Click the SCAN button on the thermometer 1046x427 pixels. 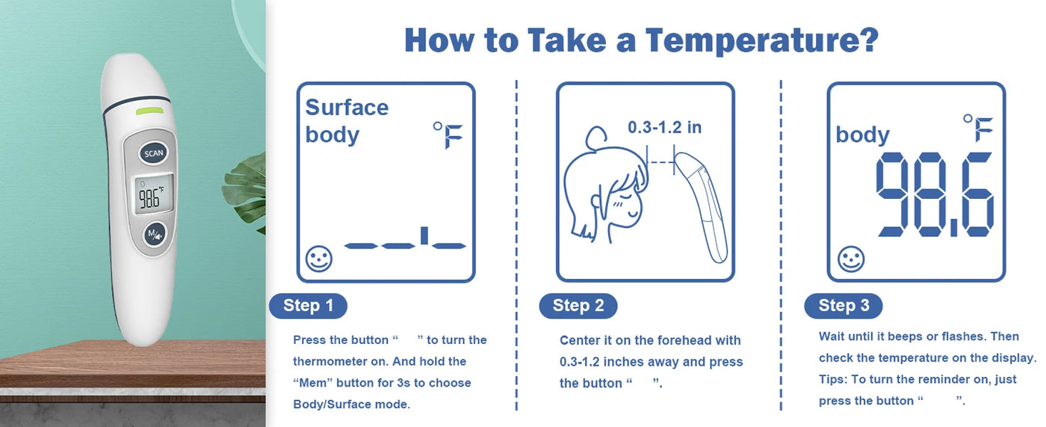[x=154, y=153]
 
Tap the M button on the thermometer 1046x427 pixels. [x=155, y=234]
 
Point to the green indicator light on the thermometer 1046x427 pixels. [x=149, y=111]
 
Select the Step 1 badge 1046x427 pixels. [x=308, y=306]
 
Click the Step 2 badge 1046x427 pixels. [x=578, y=306]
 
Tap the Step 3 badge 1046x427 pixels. [x=844, y=306]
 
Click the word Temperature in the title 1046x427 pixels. [x=762, y=41]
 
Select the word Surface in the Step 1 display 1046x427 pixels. [x=347, y=108]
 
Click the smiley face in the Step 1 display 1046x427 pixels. [x=319, y=258]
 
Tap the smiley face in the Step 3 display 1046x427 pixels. [x=851, y=258]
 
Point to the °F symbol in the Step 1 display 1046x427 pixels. [x=448, y=135]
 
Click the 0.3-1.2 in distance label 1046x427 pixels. [x=664, y=127]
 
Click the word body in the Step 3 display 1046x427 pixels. [x=862, y=135]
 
